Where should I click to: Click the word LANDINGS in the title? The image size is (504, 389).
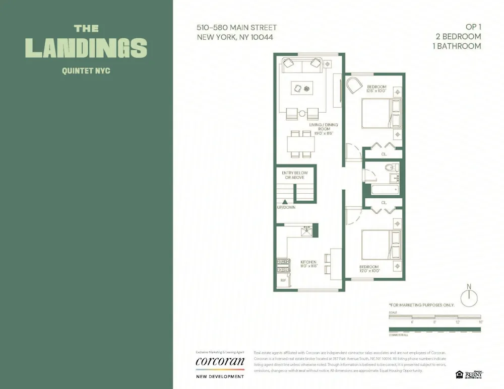(86, 48)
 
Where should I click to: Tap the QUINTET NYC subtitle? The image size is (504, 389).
(86, 71)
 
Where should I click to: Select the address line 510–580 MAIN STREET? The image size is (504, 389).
(236, 28)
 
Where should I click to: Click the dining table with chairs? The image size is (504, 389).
(301, 143)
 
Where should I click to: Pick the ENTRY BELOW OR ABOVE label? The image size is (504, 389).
(295, 175)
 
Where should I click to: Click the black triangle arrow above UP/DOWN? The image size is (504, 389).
(285, 202)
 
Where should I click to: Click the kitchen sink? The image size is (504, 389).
(304, 231)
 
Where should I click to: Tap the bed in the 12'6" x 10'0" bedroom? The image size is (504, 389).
(381, 114)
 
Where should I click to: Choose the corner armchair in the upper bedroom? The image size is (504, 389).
(354, 85)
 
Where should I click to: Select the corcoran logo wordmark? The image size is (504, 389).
(220, 361)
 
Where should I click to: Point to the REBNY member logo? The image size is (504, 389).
(474, 374)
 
